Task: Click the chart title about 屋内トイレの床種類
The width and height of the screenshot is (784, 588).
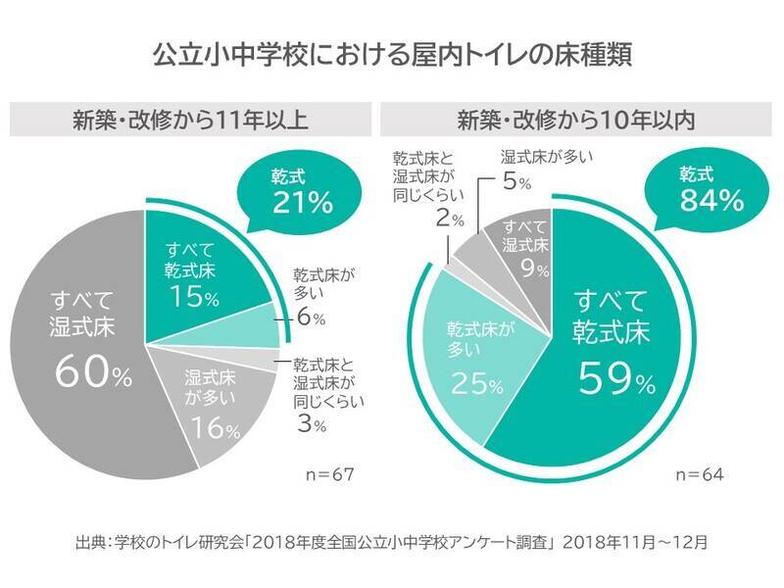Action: [392, 54]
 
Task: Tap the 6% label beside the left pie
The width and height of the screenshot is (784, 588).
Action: [312, 318]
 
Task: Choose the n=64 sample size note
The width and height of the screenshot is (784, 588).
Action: [698, 475]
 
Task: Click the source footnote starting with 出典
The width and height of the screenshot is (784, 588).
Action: [391, 540]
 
